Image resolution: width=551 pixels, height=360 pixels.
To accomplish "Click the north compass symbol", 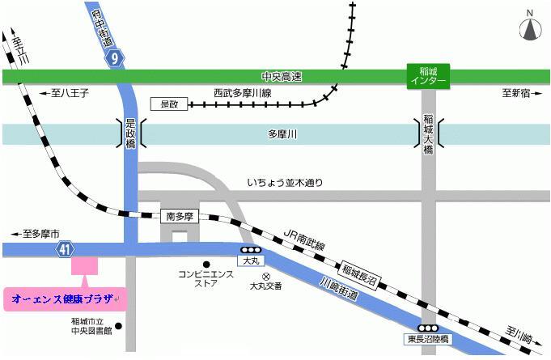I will point(529,28).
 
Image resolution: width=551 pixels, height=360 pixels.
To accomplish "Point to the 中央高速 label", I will point(282,77).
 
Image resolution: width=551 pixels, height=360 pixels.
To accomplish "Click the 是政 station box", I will point(169,104).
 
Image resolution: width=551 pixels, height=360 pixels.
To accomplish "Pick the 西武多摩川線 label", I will point(241,93).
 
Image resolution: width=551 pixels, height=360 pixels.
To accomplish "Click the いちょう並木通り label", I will point(284,183).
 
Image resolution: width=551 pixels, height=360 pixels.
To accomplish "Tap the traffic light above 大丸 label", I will point(250,250).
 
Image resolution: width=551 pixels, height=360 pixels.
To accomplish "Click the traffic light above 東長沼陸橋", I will point(426,328).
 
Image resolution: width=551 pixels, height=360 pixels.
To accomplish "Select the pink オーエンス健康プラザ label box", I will point(65,299).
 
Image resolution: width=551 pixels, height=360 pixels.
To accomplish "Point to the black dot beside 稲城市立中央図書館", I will point(119,327).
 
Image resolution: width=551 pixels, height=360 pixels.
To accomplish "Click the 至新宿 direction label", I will point(515,94).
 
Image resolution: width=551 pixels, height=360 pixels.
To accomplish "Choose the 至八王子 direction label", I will point(65,94).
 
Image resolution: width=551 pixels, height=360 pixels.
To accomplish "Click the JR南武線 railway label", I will point(305,239).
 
